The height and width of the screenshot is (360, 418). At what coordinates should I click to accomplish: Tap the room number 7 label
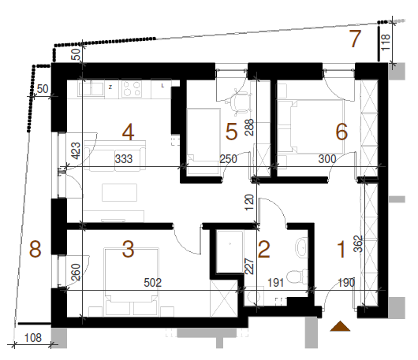(355, 39)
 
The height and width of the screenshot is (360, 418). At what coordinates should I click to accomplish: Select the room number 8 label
(35, 249)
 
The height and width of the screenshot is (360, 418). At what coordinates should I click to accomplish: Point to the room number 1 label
(341, 249)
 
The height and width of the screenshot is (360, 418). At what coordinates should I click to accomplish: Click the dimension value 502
(152, 283)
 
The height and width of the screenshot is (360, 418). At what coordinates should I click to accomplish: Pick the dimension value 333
(124, 159)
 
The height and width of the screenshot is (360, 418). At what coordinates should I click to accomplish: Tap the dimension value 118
(386, 42)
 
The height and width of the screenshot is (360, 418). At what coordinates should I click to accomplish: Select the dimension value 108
(33, 338)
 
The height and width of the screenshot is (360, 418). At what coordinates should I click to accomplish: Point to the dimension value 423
(76, 150)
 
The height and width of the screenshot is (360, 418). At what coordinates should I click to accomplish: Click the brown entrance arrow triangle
(340, 326)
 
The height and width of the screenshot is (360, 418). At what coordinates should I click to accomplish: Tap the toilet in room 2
(298, 276)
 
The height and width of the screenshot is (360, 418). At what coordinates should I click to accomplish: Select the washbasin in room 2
(301, 247)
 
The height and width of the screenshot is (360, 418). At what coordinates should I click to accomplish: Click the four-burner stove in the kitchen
(132, 89)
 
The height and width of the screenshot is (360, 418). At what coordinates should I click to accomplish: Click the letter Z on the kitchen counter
(110, 87)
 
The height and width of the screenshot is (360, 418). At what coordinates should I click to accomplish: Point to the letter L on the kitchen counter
(162, 86)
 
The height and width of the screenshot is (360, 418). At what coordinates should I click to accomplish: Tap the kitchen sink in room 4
(91, 89)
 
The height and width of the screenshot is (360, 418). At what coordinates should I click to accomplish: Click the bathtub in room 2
(230, 252)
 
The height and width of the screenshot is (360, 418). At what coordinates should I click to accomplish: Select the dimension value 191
(276, 283)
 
